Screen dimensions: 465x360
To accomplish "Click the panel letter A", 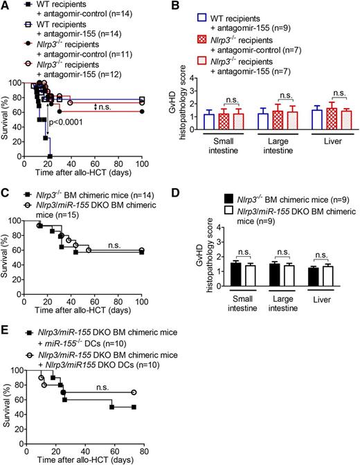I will (x=6, y=6).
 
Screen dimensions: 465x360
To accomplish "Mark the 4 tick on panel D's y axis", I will (x=210, y=227).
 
